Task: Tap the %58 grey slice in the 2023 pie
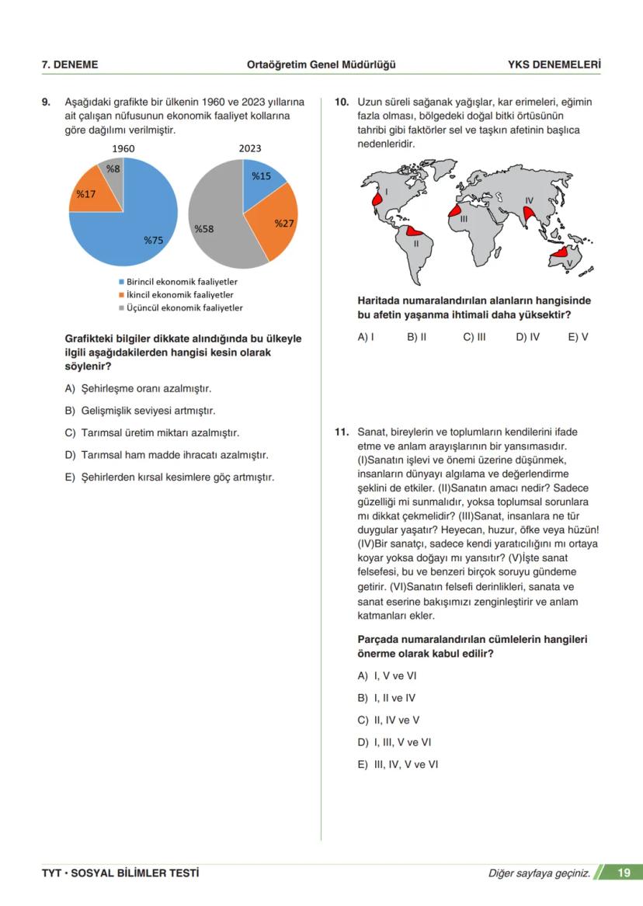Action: pyautogui.click(x=214, y=221)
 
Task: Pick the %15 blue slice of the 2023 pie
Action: pyautogui.click(x=262, y=179)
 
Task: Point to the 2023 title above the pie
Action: pyautogui.click(x=250, y=148)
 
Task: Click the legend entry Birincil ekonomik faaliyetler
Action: pyautogui.click(x=178, y=282)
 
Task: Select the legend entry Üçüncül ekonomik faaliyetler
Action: pyautogui.click(x=179, y=308)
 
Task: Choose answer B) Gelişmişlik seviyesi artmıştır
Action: pyautogui.click(x=140, y=410)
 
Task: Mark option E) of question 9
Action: pyautogui.click(x=169, y=477)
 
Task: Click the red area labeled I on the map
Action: pyautogui.click(x=377, y=199)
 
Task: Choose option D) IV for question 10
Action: pyautogui.click(x=527, y=337)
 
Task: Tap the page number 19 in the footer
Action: pyautogui.click(x=624, y=873)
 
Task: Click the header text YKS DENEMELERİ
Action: pyautogui.click(x=554, y=64)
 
